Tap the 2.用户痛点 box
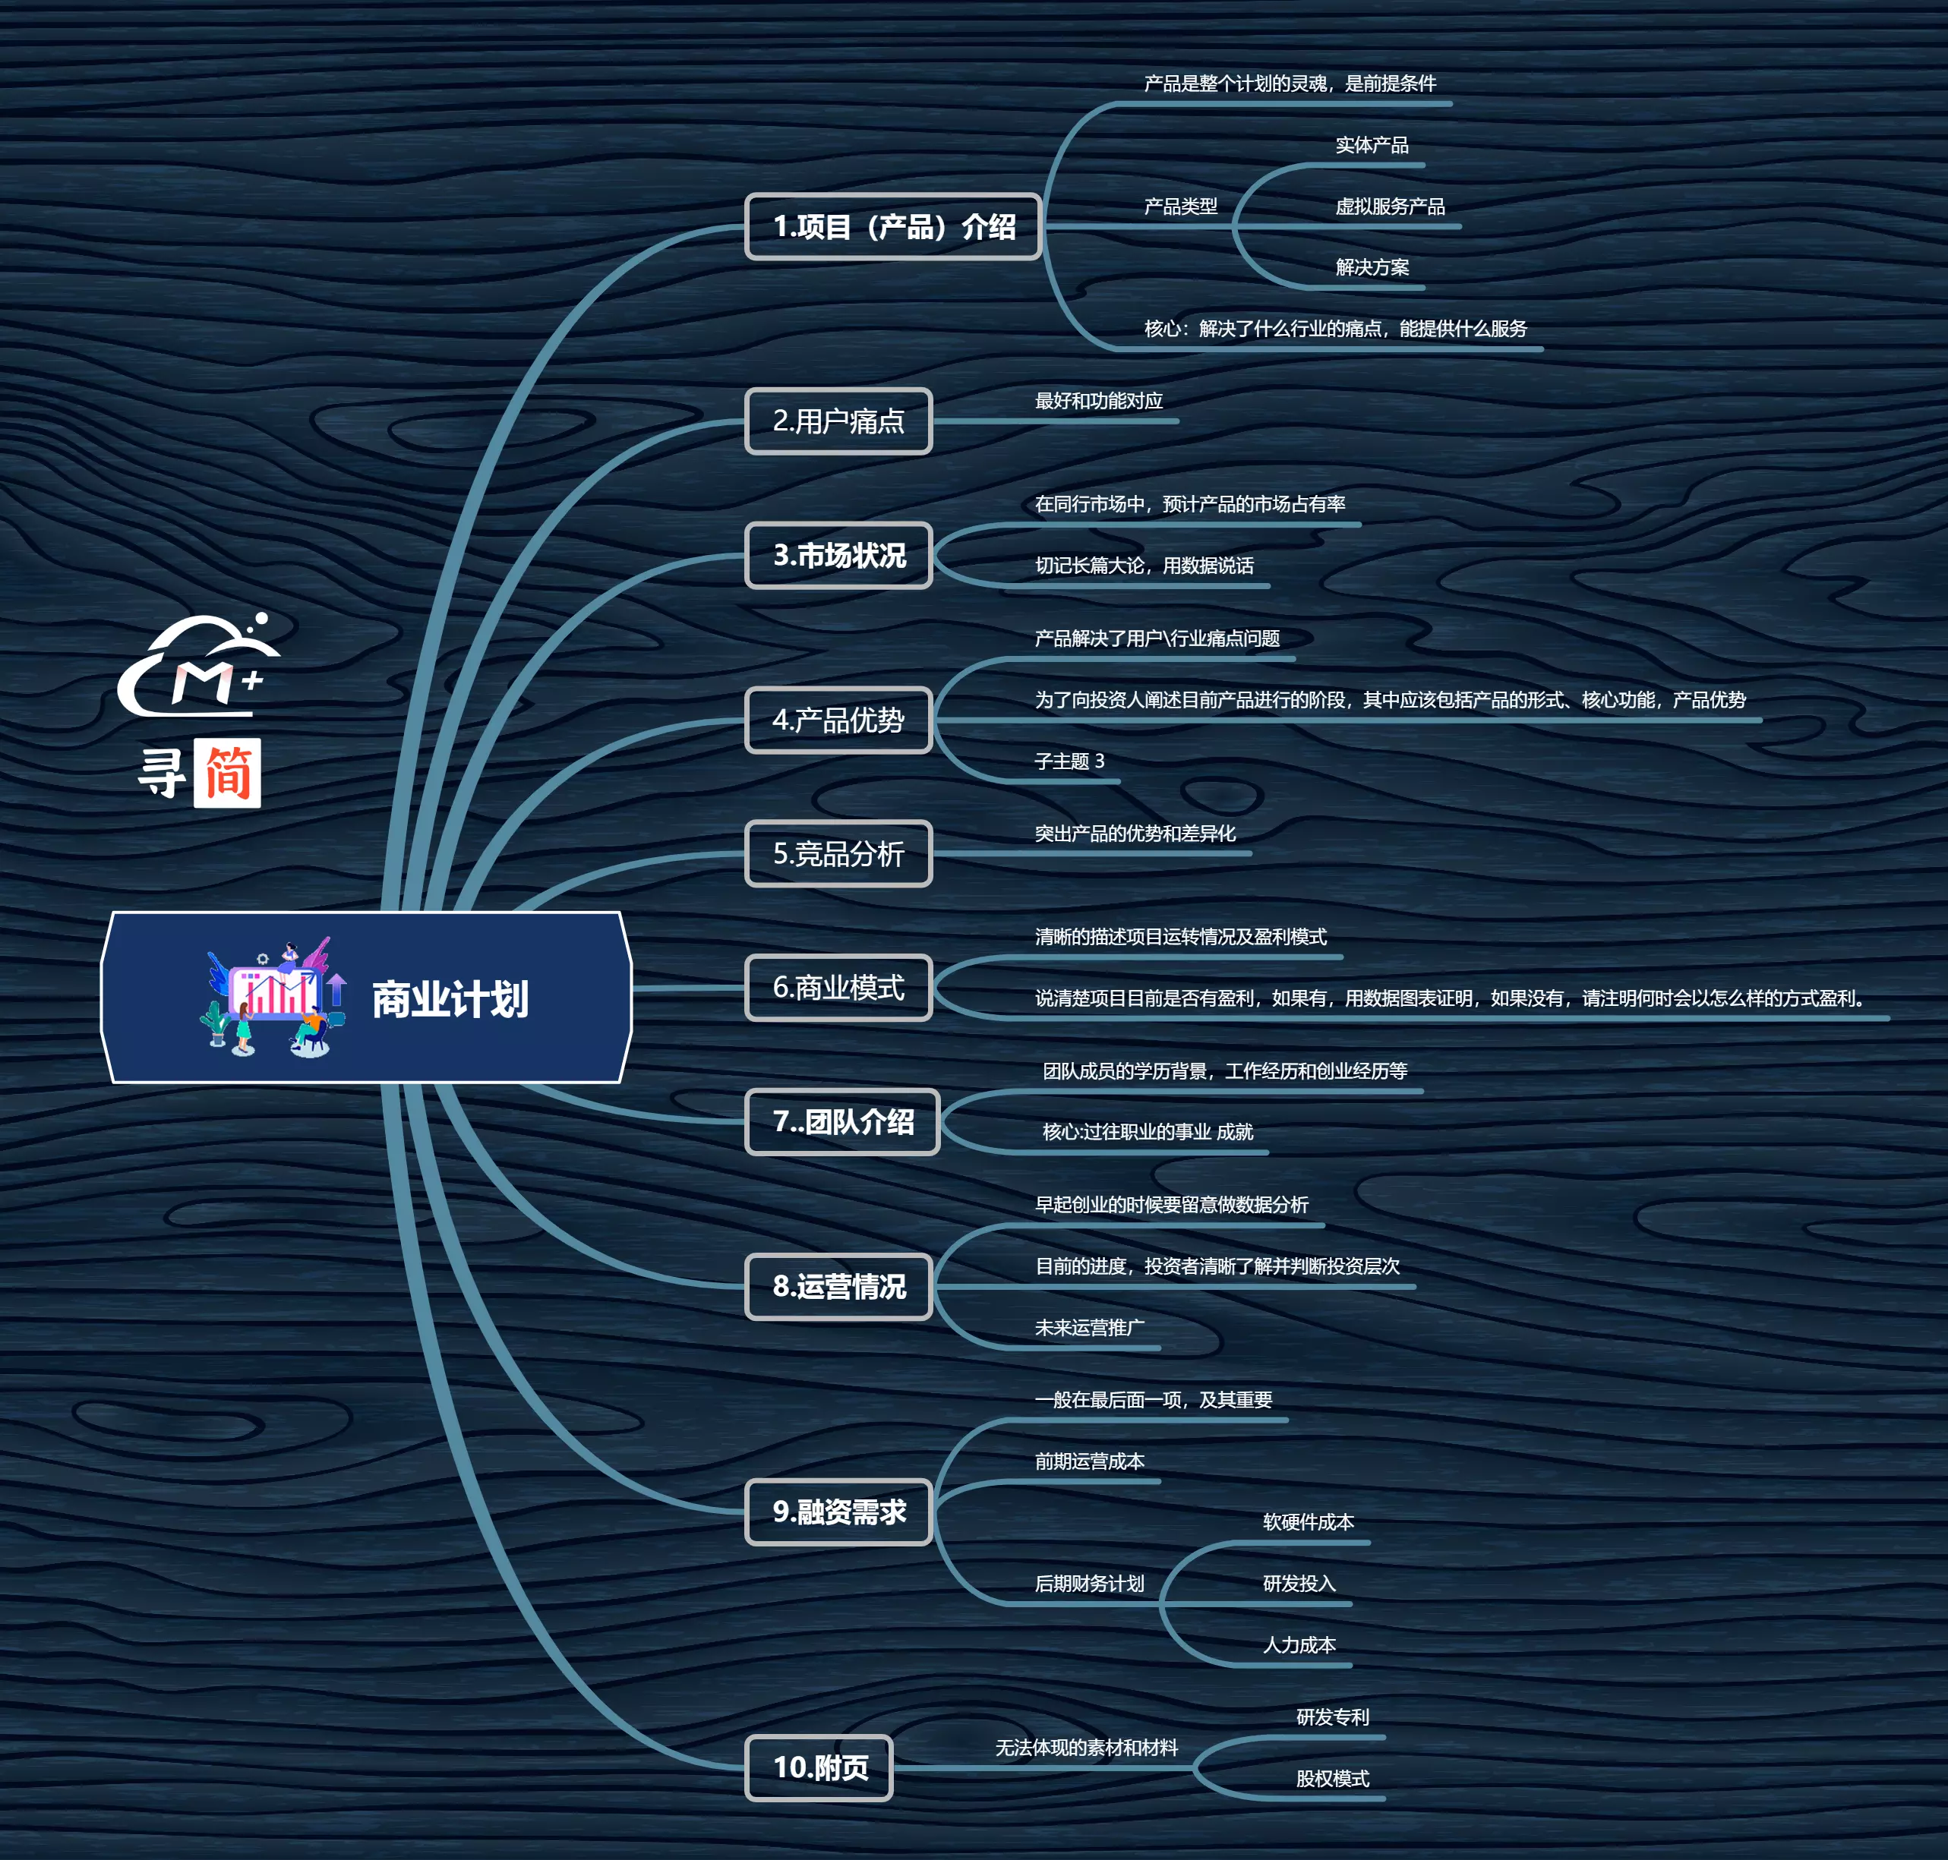[838, 421]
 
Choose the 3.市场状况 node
[838, 555]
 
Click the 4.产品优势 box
[838, 720]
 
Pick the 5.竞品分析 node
[838, 853]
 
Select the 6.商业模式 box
[838, 988]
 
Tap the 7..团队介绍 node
[842, 1121]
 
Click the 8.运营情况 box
[838, 1286]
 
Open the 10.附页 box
[819, 1767]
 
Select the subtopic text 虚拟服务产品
[1390, 206]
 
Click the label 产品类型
[1180, 206]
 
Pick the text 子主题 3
[1069, 761]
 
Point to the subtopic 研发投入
[1299, 1584]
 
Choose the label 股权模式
[1332, 1779]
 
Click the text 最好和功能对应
[1099, 401]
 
